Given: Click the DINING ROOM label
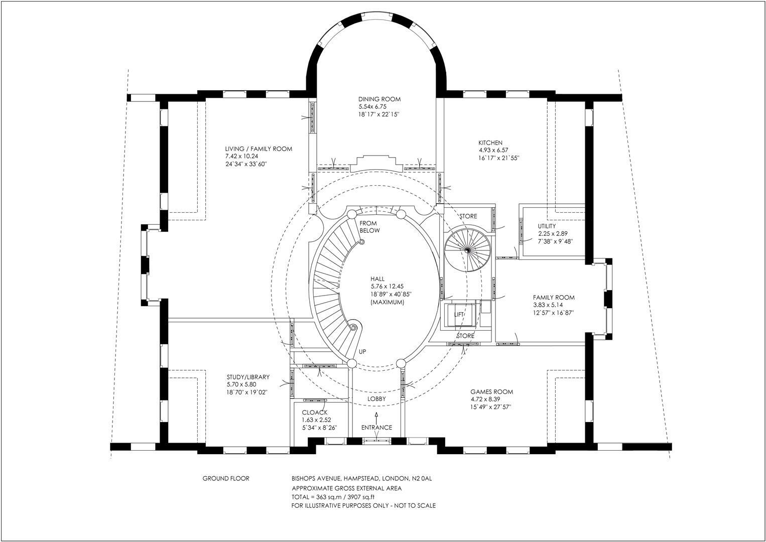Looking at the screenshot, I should click(x=379, y=99).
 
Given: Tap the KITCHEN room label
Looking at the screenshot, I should click(x=490, y=143).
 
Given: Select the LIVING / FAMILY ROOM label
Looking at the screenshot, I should click(x=259, y=149).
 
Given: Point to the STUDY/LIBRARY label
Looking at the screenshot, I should click(x=248, y=377).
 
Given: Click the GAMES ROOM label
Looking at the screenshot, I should click(x=491, y=392).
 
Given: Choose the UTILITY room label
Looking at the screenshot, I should click(x=547, y=226).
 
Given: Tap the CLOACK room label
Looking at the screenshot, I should click(x=315, y=413).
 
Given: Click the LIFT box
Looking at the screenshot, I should click(x=459, y=315).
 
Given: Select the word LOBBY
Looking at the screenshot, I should click(x=376, y=399).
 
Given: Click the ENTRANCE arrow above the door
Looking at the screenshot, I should click(x=376, y=416).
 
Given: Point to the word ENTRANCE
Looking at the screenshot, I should click(x=376, y=428).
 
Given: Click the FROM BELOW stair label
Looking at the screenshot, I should click(x=369, y=227).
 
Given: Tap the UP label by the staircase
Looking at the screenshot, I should click(x=362, y=352).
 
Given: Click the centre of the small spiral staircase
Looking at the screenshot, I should click(x=467, y=249).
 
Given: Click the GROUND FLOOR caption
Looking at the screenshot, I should click(x=225, y=479).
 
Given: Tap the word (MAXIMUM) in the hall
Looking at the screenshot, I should click(x=387, y=303).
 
